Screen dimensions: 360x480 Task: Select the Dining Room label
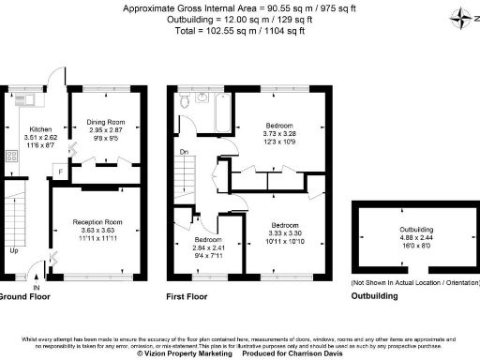pyautogui.click(x=107, y=121)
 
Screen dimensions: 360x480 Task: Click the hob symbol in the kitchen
pyautogui.click(x=13, y=157)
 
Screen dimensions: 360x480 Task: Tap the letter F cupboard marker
pyautogui.click(x=59, y=172)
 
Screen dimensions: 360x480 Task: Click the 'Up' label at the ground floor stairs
pyautogui.click(x=13, y=251)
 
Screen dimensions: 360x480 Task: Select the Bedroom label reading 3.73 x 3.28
pyautogui.click(x=278, y=125)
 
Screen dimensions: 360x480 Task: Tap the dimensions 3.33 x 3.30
pyautogui.click(x=285, y=235)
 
